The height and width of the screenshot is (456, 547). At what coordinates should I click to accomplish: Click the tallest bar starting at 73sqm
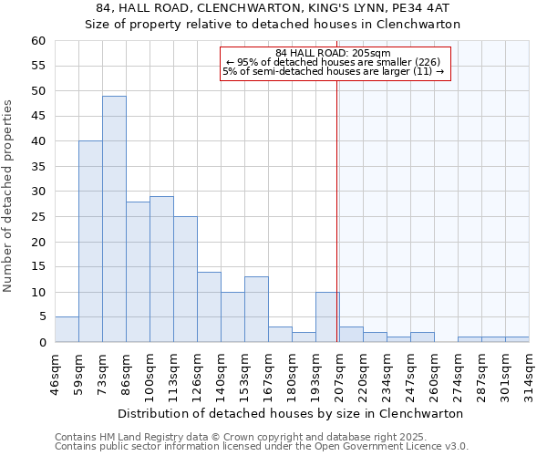(x=114, y=219)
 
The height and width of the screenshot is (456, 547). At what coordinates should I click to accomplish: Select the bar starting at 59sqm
(x=90, y=242)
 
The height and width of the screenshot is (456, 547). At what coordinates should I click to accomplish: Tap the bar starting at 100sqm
(x=161, y=269)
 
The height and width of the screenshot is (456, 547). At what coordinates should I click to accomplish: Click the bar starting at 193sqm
(x=327, y=316)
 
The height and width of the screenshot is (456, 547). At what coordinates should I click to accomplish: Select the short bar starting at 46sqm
(x=67, y=329)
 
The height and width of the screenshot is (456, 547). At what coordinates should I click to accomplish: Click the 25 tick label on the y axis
(x=37, y=217)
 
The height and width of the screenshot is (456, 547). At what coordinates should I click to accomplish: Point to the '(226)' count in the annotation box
(x=426, y=62)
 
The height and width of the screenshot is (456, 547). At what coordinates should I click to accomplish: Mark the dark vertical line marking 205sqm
(x=337, y=201)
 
